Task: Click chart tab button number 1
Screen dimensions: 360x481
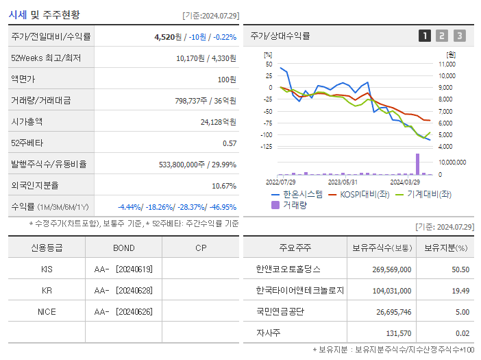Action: [x=425, y=36]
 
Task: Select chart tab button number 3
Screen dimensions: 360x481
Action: [x=459, y=36]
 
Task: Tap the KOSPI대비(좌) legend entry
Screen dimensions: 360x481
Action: [x=362, y=194]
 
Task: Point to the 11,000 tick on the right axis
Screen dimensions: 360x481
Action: [x=447, y=64]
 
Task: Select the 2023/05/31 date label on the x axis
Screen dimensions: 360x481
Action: [x=343, y=182]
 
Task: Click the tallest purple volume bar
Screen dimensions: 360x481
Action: [x=417, y=164]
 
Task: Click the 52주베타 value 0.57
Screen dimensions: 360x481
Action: [x=230, y=143]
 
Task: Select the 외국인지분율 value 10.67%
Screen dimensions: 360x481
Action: [x=224, y=185]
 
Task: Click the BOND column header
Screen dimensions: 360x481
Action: [x=124, y=248]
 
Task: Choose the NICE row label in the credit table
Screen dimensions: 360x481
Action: [x=47, y=311]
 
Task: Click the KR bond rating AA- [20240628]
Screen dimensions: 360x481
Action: [x=123, y=290]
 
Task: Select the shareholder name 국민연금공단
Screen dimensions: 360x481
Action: [x=281, y=311]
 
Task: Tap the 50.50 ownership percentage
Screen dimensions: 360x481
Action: [x=460, y=269]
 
